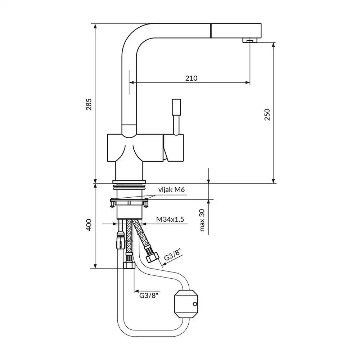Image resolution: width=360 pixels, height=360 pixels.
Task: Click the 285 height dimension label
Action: coord(89,104)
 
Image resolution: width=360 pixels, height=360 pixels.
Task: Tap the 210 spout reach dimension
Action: coord(191,78)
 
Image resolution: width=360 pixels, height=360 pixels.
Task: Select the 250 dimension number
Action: coord(267,114)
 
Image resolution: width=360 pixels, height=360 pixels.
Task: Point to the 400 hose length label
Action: coord(89,225)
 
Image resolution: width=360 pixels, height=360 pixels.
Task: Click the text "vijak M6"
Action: coord(171,190)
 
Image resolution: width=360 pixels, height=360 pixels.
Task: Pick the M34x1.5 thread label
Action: coord(170,219)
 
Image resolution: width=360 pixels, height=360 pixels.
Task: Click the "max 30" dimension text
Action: coord(202,220)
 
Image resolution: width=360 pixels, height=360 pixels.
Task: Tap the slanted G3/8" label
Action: coord(173,255)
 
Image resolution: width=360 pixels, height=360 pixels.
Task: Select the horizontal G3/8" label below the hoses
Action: coord(149,295)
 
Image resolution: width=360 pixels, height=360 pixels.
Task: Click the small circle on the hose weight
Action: coord(195,304)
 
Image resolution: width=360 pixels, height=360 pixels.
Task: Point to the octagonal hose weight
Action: coord(186,304)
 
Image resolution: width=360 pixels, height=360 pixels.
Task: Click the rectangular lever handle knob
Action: coord(176,107)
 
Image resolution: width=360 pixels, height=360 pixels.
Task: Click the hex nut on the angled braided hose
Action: coord(152,257)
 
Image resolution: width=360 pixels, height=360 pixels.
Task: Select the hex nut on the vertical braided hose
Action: coord(129,265)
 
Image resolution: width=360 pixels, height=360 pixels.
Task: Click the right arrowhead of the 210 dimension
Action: coord(248,83)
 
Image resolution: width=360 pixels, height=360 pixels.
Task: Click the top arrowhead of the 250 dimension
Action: coord(273,45)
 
